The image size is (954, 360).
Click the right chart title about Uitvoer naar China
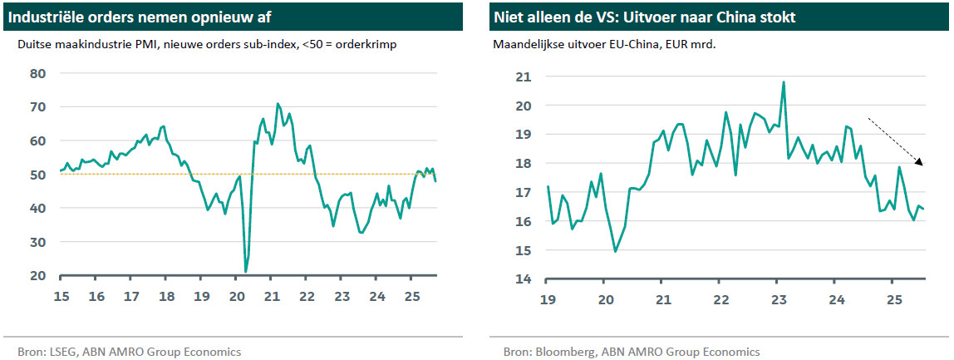[x=645, y=17]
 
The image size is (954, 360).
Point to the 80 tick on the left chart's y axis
[x=38, y=73]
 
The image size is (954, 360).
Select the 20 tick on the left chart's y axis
[x=38, y=275]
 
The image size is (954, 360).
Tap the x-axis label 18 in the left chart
[x=166, y=297]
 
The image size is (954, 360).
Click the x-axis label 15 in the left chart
[x=61, y=297]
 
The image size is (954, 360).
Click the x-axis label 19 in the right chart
[x=548, y=299]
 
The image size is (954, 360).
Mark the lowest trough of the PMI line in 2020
[x=246, y=271]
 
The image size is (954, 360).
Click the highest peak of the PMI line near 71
[x=278, y=104]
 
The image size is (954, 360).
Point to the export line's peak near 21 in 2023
[x=783, y=82]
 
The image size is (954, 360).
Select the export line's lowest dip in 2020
[x=615, y=251]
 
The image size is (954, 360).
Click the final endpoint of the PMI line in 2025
[x=436, y=180]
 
